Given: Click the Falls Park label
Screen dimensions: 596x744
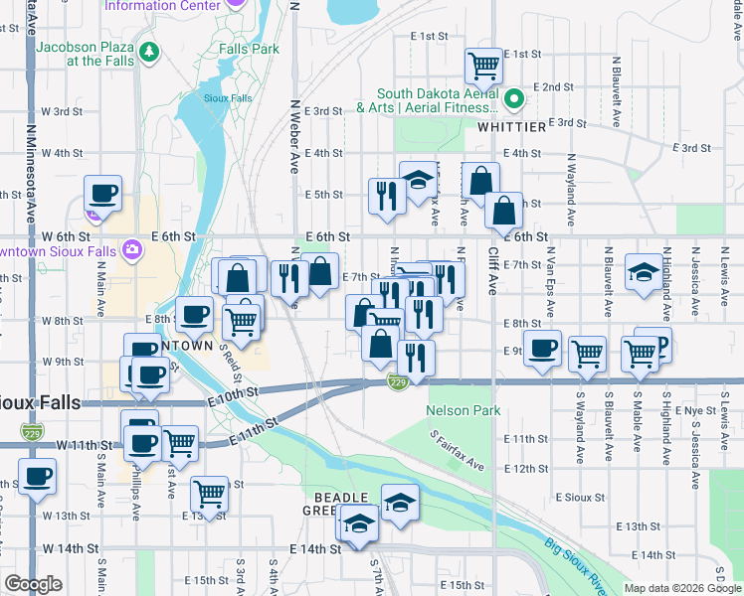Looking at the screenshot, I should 252,48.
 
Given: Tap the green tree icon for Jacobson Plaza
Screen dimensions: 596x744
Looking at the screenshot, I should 149,51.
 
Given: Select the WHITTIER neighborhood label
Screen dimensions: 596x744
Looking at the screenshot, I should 511,127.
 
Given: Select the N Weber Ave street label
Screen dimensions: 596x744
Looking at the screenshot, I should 295,136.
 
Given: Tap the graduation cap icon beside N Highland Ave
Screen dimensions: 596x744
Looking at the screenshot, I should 644,272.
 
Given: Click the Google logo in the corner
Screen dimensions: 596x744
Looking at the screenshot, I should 32,584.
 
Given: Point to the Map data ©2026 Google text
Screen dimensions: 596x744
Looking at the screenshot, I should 682,588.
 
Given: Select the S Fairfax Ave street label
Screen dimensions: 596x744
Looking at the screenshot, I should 458,451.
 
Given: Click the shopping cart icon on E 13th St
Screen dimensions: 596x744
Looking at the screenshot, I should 209,492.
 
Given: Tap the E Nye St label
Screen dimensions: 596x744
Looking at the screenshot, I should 695,410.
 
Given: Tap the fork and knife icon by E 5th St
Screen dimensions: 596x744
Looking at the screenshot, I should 384,194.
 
